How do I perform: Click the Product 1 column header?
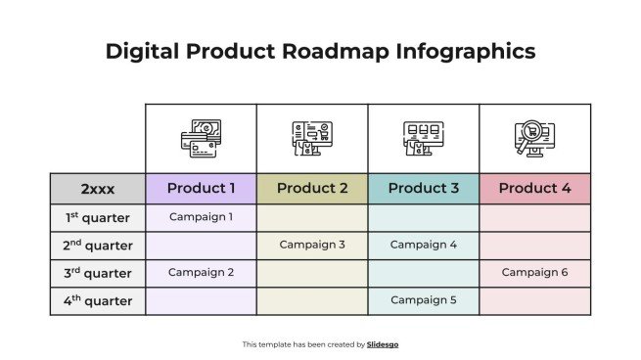[201, 188]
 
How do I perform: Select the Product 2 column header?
[312, 188]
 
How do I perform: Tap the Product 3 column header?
[424, 188]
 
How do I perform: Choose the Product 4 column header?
[534, 188]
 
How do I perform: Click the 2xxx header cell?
[98, 188]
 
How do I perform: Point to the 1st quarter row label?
[98, 217]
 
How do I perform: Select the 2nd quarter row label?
[98, 246]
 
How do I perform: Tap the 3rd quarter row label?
[98, 273]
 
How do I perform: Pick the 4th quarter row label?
[98, 301]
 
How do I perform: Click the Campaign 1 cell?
[201, 216]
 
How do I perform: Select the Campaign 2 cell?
[201, 273]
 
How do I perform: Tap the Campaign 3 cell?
[312, 245]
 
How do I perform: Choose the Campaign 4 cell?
[424, 245]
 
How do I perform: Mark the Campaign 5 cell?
[424, 300]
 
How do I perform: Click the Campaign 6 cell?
[534, 273]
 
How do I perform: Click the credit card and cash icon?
[201, 139]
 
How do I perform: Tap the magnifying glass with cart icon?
[534, 139]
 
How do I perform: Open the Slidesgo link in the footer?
[383, 344]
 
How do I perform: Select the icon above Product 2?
[312, 139]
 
